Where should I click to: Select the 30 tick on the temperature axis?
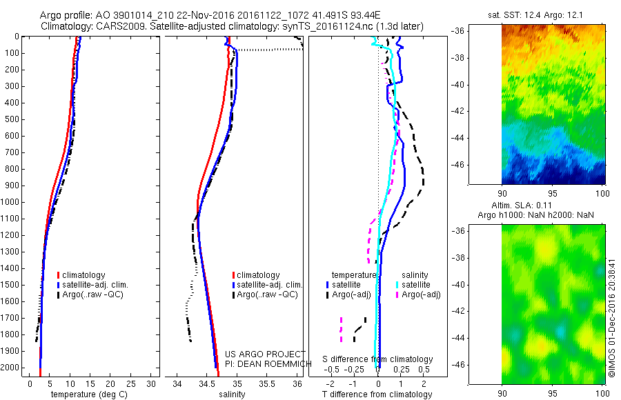coord(152,383)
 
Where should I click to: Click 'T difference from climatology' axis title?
coord(377,394)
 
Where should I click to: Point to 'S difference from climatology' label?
coord(378,359)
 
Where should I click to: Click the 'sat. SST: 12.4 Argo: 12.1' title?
coord(544,14)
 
